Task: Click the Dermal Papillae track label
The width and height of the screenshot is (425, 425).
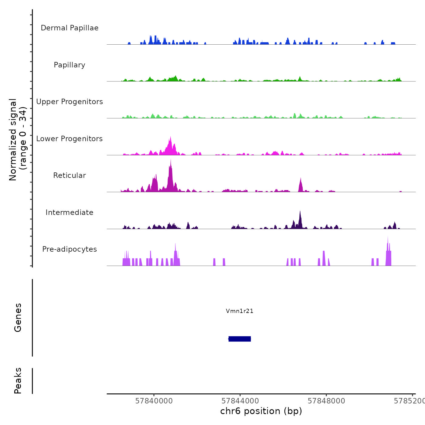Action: [70, 28]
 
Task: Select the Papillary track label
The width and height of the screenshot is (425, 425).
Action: [70, 65]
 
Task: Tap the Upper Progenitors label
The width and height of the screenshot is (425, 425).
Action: [70, 102]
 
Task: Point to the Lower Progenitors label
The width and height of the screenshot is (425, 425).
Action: [70, 139]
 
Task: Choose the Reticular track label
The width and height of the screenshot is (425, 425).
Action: [70, 175]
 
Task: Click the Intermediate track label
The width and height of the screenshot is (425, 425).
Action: [70, 212]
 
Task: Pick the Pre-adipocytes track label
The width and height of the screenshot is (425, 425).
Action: [70, 249]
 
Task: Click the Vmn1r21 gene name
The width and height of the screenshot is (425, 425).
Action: [240, 311]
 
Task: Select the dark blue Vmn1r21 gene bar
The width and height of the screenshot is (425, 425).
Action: [240, 339]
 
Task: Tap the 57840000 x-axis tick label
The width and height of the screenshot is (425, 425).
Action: [154, 401]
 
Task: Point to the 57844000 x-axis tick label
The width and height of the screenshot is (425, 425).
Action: [240, 401]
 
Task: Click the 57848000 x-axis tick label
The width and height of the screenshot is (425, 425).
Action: [326, 401]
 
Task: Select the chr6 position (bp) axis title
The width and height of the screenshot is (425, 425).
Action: [261, 411]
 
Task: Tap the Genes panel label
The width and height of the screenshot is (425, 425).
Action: [18, 318]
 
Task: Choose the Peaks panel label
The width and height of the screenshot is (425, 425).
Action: [18, 381]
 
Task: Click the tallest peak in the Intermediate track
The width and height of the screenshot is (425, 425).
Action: [300, 212]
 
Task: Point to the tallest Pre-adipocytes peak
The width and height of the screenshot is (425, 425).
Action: [388, 238]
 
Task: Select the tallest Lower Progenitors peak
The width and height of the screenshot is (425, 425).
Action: [171, 138]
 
